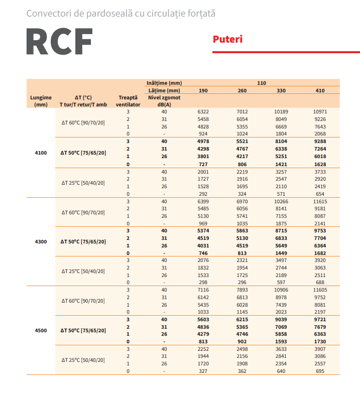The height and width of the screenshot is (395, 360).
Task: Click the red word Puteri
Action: coord(227,39)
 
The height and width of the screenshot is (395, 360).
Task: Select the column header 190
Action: coord(203,90)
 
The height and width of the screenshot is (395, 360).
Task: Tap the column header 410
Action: coord(320,90)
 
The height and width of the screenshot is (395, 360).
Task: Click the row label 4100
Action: coord(41,153)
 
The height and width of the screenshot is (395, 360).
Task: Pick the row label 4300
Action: coord(41,241)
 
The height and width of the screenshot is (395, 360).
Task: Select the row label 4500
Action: coord(41,330)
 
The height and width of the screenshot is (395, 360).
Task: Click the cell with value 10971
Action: coord(320,111)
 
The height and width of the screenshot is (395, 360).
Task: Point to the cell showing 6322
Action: coord(203,111)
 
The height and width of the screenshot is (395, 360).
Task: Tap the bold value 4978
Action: coord(203,142)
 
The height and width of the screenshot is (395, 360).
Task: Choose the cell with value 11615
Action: coord(320,201)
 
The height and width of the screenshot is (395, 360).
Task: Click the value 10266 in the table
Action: coord(281,201)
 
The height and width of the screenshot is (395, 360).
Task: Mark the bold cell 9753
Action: coord(320,230)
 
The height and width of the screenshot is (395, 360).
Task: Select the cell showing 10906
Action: coord(281,290)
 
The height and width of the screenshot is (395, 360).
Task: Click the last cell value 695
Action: coord(320,371)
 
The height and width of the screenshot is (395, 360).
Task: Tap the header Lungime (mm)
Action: coord(41,101)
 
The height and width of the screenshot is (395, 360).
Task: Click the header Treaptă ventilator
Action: coord(128,101)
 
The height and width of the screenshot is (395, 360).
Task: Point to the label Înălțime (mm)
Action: coord(164,83)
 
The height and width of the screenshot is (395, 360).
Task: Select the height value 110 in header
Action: coord(262,83)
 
